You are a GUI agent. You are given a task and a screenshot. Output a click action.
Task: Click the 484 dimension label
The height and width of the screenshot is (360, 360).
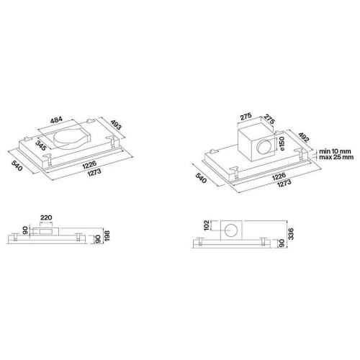[x=56, y=120]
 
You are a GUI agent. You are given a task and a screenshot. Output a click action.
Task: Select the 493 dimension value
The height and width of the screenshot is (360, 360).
[x=117, y=125]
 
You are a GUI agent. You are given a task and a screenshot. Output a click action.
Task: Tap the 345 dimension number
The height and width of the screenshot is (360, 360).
[x=40, y=145]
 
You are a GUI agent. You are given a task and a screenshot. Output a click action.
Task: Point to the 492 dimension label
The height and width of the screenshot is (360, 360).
[x=304, y=137]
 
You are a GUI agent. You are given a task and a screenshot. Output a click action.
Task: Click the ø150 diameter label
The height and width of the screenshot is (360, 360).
[x=282, y=143]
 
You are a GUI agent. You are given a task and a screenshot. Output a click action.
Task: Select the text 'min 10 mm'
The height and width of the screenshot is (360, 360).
[x=335, y=151]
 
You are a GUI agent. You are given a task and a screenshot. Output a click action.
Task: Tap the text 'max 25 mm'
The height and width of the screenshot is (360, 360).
[x=336, y=157]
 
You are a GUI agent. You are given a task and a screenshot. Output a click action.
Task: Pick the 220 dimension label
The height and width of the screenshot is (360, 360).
[x=46, y=217]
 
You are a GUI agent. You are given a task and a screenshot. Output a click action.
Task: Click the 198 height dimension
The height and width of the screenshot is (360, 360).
[x=107, y=236]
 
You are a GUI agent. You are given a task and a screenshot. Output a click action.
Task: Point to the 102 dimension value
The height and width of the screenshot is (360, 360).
[x=207, y=225]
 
